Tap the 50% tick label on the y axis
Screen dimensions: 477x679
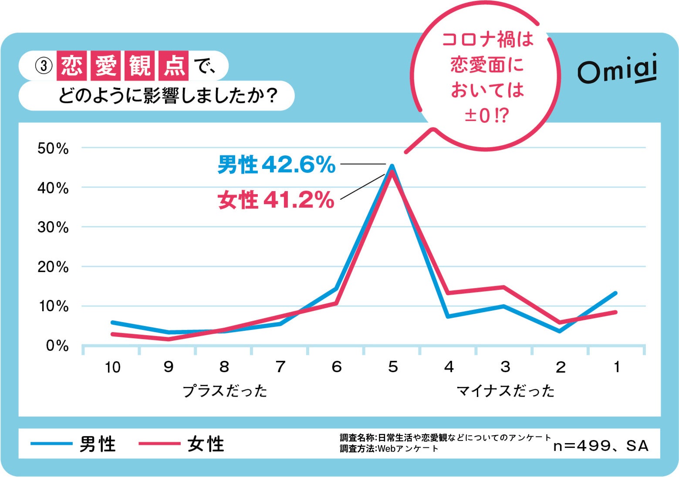coord(53,148)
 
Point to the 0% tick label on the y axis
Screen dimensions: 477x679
coord(57,346)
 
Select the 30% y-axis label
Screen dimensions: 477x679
coord(53,227)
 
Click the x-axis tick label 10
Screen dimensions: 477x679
coord(112,367)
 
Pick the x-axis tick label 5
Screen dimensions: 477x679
coord(393,367)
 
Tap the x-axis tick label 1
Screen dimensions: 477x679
coord(616,367)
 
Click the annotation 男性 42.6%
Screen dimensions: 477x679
coord(277,165)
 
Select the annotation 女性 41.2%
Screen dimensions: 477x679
coord(276,200)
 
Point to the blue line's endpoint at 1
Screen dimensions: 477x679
coord(616,293)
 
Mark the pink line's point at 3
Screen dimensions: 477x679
coord(503,287)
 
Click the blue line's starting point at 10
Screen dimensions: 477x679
coord(112,322)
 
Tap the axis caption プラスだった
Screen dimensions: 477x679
coord(225,390)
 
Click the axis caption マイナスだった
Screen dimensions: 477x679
coord(505,390)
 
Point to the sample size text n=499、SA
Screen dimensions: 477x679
coord(601,446)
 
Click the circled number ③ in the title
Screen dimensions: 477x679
coord(43,66)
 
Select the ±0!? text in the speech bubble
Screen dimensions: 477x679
coord(486,116)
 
